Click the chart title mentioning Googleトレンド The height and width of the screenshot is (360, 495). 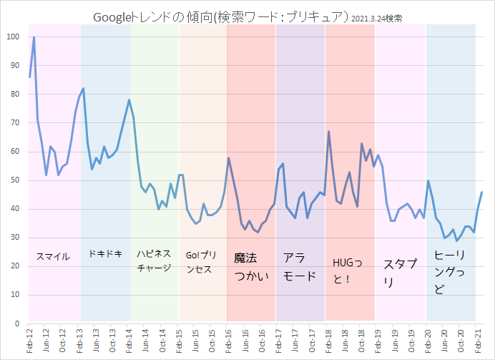pos(221,16)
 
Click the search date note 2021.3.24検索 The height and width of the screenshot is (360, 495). pos(376,18)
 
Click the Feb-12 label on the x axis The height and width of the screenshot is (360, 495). pos(29,341)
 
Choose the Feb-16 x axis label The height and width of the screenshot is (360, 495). pos(227,341)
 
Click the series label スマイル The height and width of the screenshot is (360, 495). pos(53,256)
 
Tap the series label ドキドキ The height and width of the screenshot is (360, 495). pos(105,253)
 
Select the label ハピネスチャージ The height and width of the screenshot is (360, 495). pos(153,261)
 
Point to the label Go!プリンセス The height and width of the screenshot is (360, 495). pos(201,261)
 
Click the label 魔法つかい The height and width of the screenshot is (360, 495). pos(251,266)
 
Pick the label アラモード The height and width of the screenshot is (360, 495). pos(299,266)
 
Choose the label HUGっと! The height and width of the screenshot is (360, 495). pos(350,269)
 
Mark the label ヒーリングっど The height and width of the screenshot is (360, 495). pos(450,272)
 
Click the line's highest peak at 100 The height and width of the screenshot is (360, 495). pos(34,37)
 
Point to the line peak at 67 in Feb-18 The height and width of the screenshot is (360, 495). pos(328,132)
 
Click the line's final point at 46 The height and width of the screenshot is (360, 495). pos(482,192)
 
